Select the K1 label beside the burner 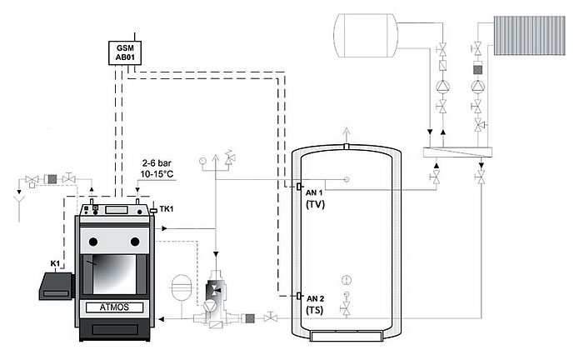[x=55, y=263]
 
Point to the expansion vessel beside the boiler [x=180, y=287]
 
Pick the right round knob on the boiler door [x=134, y=242]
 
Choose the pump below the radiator [x=478, y=85]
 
